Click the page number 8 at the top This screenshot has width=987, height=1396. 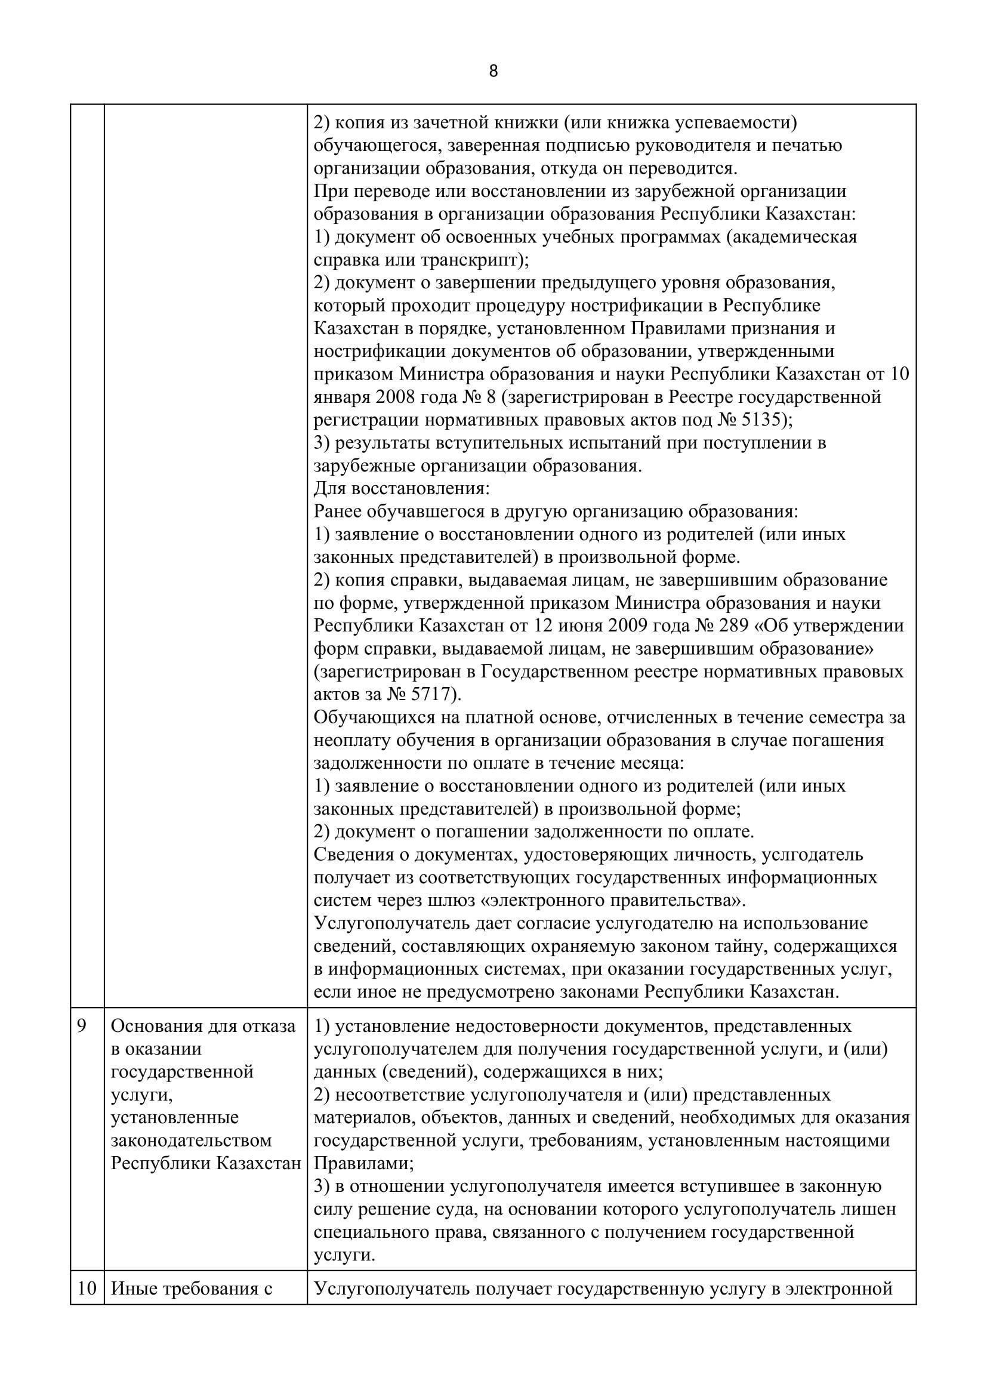[x=493, y=72]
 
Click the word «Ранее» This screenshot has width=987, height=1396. [x=338, y=512]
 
